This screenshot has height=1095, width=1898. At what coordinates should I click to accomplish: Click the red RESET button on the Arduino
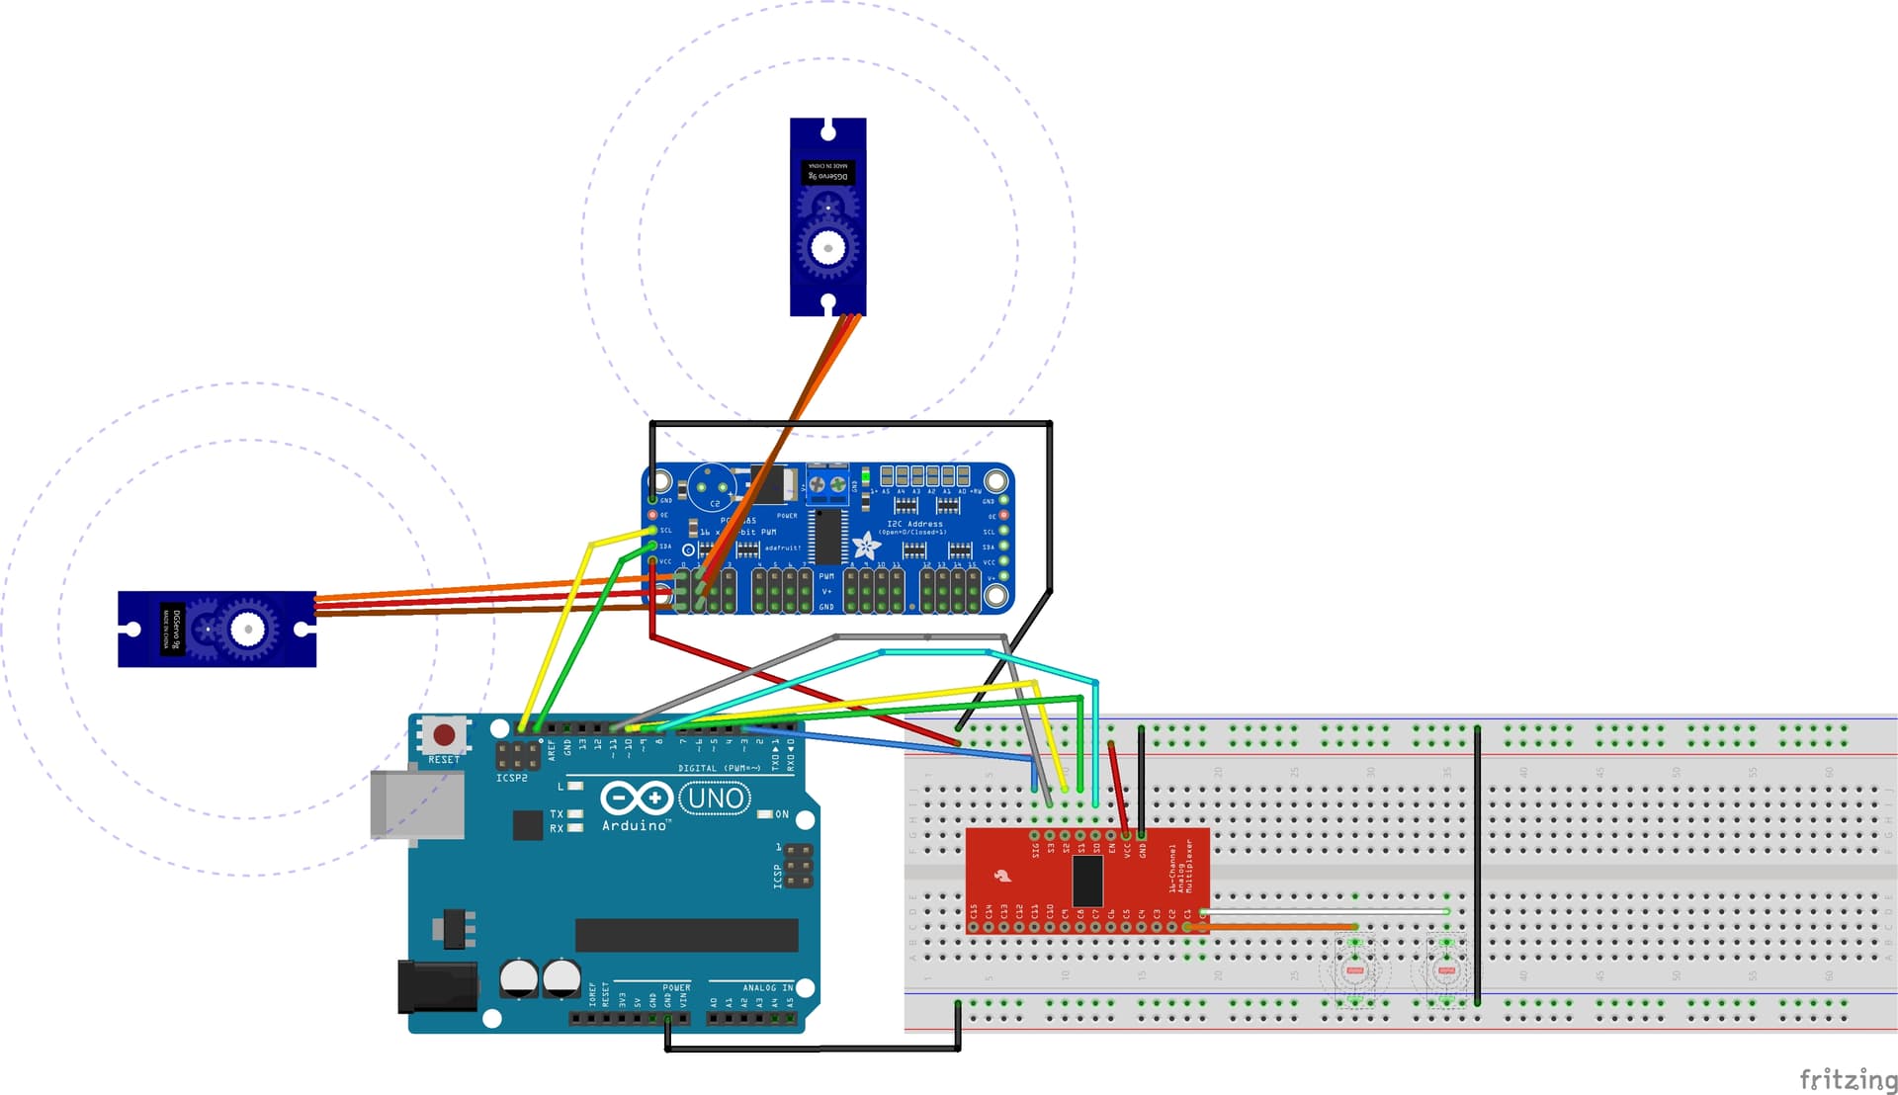444,735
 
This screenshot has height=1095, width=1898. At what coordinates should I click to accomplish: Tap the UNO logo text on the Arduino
716,799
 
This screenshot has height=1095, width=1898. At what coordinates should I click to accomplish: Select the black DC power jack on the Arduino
436,986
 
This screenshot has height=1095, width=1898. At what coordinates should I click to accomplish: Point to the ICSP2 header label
511,779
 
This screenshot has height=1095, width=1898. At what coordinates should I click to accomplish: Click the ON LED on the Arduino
764,814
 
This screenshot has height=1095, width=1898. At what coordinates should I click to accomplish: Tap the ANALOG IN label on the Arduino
767,987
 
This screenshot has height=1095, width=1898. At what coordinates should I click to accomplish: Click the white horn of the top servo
828,246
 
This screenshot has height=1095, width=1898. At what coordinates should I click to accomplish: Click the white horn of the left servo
248,629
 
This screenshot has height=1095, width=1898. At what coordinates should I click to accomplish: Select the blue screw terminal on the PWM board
827,484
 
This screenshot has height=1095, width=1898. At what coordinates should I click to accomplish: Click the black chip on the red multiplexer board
1087,880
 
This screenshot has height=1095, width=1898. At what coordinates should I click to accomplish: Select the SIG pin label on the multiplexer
1035,849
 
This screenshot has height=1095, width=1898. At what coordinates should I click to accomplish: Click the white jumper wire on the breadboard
1325,911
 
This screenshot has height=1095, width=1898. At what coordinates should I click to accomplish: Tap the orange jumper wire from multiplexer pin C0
1275,927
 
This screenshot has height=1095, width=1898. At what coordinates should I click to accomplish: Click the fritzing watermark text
1847,1078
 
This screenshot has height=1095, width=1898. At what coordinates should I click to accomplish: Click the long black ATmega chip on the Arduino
686,935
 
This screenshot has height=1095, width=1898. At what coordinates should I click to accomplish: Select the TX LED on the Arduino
574,814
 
